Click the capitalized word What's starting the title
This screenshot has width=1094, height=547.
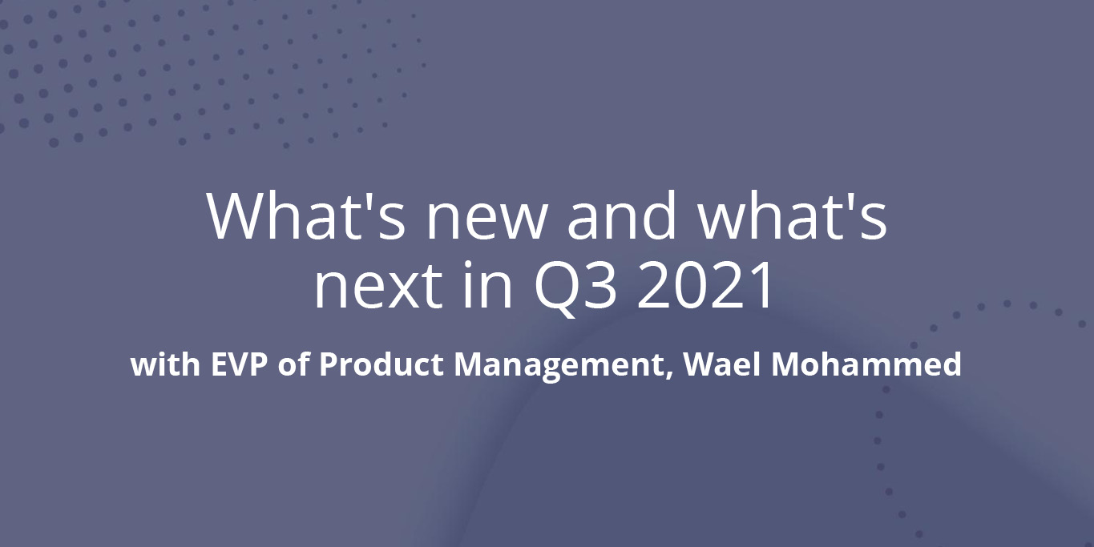click(x=305, y=215)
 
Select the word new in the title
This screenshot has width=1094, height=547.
click(x=486, y=223)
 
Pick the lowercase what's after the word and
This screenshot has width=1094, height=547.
click(x=792, y=215)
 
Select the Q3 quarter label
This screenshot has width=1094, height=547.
click(x=575, y=288)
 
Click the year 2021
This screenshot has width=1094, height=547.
click(x=704, y=285)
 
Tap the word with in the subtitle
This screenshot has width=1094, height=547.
click(x=166, y=364)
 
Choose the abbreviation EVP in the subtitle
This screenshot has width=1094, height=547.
click(x=240, y=364)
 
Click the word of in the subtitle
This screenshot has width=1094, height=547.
click(x=293, y=364)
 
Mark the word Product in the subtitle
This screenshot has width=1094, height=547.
click(x=381, y=364)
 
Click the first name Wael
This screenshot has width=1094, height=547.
click(x=722, y=364)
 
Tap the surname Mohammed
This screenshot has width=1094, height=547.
click(x=866, y=364)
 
